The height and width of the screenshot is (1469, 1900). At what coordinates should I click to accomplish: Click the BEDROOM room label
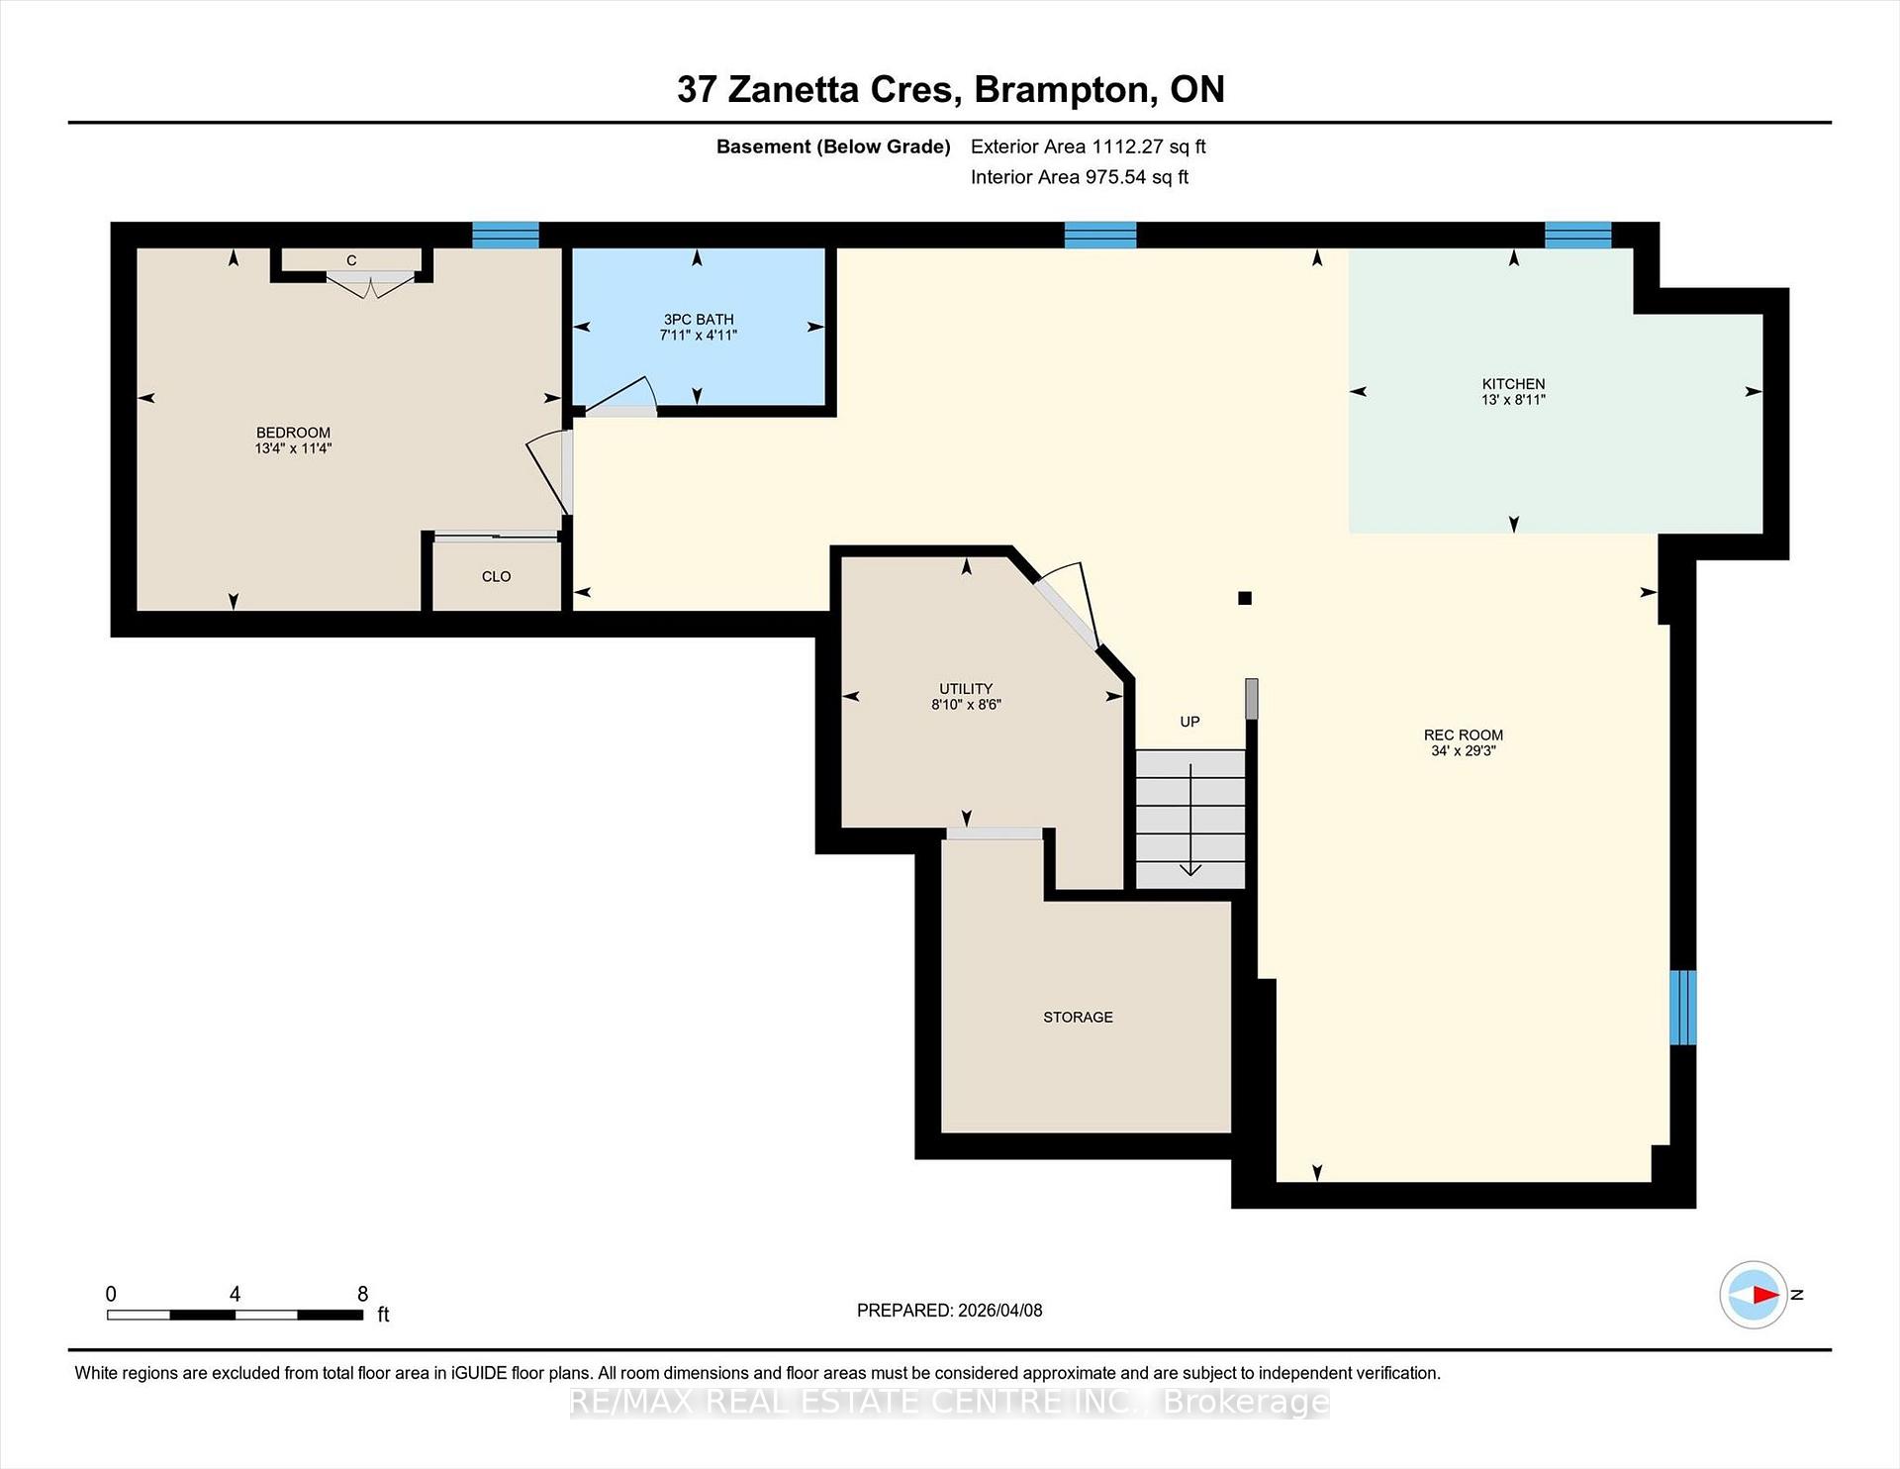pyautogui.click(x=293, y=433)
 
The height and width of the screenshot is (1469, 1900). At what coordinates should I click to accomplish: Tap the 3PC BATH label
pyautogui.click(x=699, y=320)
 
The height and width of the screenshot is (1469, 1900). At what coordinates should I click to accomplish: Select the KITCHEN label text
pyautogui.click(x=1513, y=384)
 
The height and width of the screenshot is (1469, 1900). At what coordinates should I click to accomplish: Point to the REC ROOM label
pyautogui.click(x=1463, y=735)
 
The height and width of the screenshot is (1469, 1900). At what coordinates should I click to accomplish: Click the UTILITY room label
pyautogui.click(x=966, y=689)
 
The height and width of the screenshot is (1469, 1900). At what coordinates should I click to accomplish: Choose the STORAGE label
pyautogui.click(x=1078, y=1018)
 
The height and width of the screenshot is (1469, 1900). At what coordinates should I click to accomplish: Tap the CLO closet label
pyautogui.click(x=496, y=577)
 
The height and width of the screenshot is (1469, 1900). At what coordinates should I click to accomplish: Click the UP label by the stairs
pyautogui.click(x=1189, y=722)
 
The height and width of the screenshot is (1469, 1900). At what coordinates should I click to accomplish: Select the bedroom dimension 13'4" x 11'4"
pyautogui.click(x=293, y=448)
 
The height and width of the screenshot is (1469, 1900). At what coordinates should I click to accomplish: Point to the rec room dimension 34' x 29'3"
pyautogui.click(x=1463, y=751)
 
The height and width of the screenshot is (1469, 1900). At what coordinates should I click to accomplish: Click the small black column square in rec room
pyautogui.click(x=1245, y=598)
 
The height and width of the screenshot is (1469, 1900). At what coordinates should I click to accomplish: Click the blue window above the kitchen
pyautogui.click(x=1578, y=235)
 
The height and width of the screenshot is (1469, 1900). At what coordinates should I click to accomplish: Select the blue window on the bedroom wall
pyautogui.click(x=506, y=235)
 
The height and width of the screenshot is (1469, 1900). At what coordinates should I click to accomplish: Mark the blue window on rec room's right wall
pyautogui.click(x=1683, y=1008)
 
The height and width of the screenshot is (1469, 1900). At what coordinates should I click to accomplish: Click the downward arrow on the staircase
pyautogui.click(x=1190, y=820)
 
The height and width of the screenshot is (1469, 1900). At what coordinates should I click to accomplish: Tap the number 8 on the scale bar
pyautogui.click(x=362, y=1295)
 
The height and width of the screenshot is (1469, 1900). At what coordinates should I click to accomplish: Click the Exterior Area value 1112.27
pyautogui.click(x=1126, y=147)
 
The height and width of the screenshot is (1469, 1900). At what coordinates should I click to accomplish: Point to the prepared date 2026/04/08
pyautogui.click(x=999, y=1311)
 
